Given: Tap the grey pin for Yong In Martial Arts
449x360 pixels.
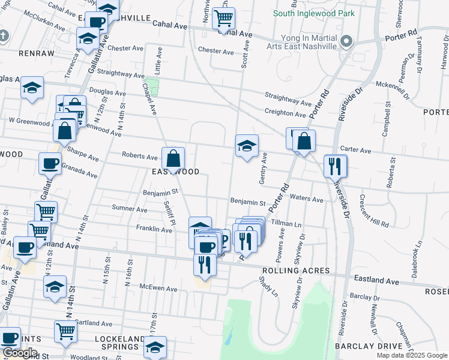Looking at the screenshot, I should point(345,42).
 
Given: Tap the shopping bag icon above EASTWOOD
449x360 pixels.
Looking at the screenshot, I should point(173,159).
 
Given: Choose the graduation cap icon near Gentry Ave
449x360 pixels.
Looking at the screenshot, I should point(246,146).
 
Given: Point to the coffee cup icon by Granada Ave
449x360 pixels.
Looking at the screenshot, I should point(50,163).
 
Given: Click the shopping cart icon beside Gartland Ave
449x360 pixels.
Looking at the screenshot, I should point(65,330).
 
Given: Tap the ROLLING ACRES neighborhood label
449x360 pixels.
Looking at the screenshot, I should point(296,271).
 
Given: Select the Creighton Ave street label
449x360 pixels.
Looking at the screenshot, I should point(286,113).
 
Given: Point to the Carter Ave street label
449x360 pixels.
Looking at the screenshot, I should point(355,150).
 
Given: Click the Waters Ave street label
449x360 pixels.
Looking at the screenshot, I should point(307,197).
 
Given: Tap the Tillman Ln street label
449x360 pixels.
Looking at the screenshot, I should point(286,223).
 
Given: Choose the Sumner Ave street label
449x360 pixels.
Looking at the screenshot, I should point(129,210).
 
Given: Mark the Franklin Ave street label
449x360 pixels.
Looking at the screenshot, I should point(154,229).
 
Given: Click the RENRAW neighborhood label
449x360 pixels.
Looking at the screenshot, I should point(19,53).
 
